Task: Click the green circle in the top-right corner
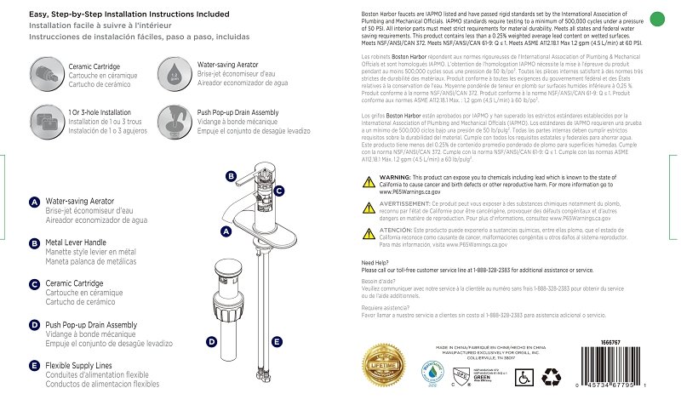pyautogui.click(x=655, y=18)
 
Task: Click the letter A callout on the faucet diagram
pyautogui.click(x=226, y=231)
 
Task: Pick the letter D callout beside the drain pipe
pyautogui.click(x=211, y=341)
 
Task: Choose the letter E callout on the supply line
pyautogui.click(x=277, y=341)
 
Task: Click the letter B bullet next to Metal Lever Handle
pyautogui.click(x=34, y=243)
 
